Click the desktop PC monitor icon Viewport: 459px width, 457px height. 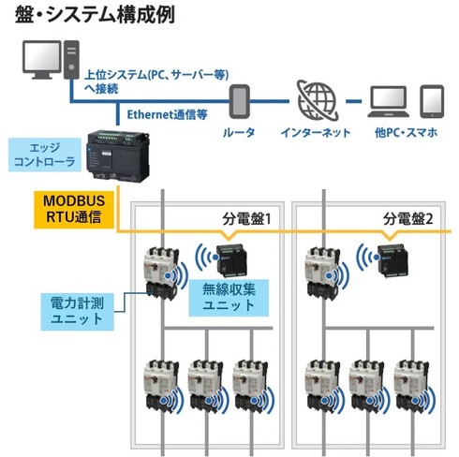tap(42, 60)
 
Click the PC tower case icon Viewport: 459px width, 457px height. tap(71, 59)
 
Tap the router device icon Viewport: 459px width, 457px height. tap(240, 101)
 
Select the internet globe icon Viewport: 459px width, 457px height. tap(317, 100)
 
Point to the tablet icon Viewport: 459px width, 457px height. tap(432, 101)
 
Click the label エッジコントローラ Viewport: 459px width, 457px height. tap(44, 155)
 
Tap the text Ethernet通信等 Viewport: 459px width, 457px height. tap(167, 115)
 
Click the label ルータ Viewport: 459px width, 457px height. tap(239, 133)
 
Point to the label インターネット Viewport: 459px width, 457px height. tap(316, 133)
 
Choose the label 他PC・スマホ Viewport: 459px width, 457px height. tap(406, 133)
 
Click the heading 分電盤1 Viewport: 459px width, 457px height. tap(246, 219)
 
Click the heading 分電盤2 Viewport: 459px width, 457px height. tap(408, 219)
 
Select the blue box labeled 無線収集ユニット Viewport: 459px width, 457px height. tap(229, 298)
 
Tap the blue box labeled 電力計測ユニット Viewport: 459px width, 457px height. tap(77, 311)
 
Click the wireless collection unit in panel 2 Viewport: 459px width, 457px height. tap(392, 261)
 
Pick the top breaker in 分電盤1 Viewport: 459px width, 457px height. tap(161, 273)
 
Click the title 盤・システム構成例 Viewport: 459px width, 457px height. tap(96, 15)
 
